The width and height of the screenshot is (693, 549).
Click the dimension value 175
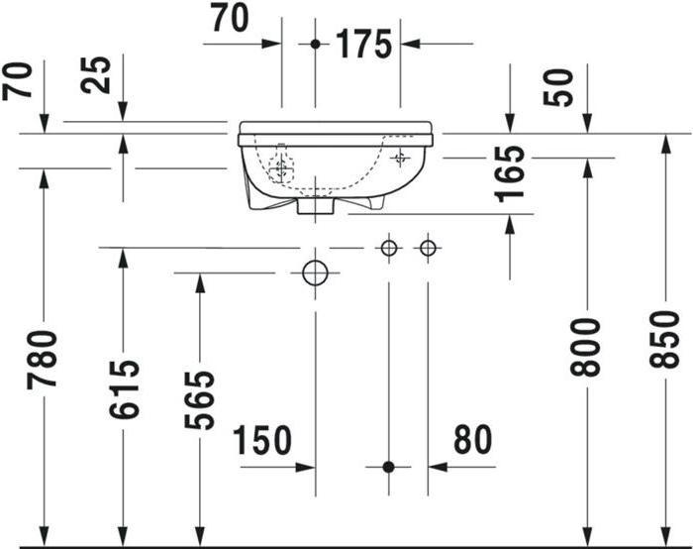[363, 45]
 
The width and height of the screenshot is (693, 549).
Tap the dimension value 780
[43, 359]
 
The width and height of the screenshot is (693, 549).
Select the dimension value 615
[124, 389]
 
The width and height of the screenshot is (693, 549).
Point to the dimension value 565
[199, 400]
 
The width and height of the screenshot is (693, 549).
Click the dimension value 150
[262, 440]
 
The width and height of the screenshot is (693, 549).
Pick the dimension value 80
[472, 439]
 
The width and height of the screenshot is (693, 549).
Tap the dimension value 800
[586, 347]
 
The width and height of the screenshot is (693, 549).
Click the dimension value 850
[664, 339]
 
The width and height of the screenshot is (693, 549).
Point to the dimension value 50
[557, 87]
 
